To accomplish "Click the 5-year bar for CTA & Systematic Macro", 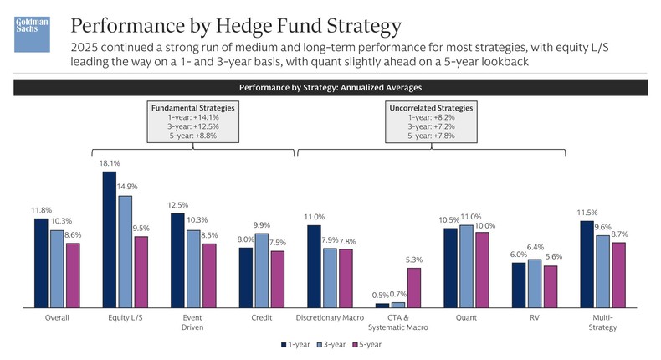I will click(x=413, y=287).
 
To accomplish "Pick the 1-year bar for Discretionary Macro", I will click(x=314, y=265).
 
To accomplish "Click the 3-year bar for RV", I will click(x=534, y=283).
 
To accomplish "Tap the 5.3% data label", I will click(x=413, y=260).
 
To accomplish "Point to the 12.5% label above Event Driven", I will click(x=177, y=206).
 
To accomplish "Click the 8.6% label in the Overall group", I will click(x=74, y=236).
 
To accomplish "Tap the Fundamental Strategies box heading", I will click(x=192, y=109).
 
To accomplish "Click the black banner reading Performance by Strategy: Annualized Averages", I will click(x=330, y=87).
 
